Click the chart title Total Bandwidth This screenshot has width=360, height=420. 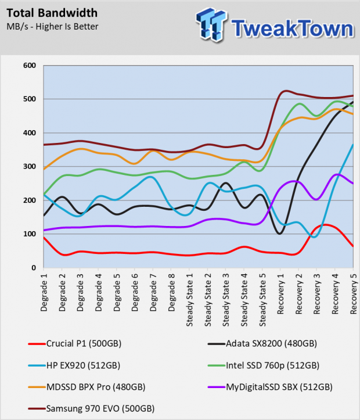(x=52, y=13)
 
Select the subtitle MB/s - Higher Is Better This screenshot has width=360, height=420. (x=52, y=27)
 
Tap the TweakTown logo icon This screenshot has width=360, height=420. (x=211, y=25)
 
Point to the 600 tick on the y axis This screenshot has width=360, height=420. (x=30, y=66)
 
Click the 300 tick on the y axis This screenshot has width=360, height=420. (x=30, y=166)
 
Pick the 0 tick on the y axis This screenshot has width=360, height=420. (x=33, y=268)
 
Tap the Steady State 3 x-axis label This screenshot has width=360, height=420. (x=226, y=300)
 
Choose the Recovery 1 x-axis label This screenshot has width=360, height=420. (x=280, y=294)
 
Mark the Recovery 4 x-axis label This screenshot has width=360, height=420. (x=335, y=294)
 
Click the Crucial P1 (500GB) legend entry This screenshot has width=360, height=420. (x=75, y=344)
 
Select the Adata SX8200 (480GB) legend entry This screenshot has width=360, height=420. (x=262, y=344)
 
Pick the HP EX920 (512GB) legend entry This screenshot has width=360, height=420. (x=74, y=365)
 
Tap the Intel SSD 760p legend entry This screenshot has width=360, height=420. (x=264, y=365)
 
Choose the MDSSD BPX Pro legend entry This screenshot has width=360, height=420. (x=87, y=387)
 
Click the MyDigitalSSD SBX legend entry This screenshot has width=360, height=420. (x=271, y=387)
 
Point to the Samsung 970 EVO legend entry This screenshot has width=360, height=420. (x=92, y=409)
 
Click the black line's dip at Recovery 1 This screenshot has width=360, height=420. (x=280, y=234)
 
